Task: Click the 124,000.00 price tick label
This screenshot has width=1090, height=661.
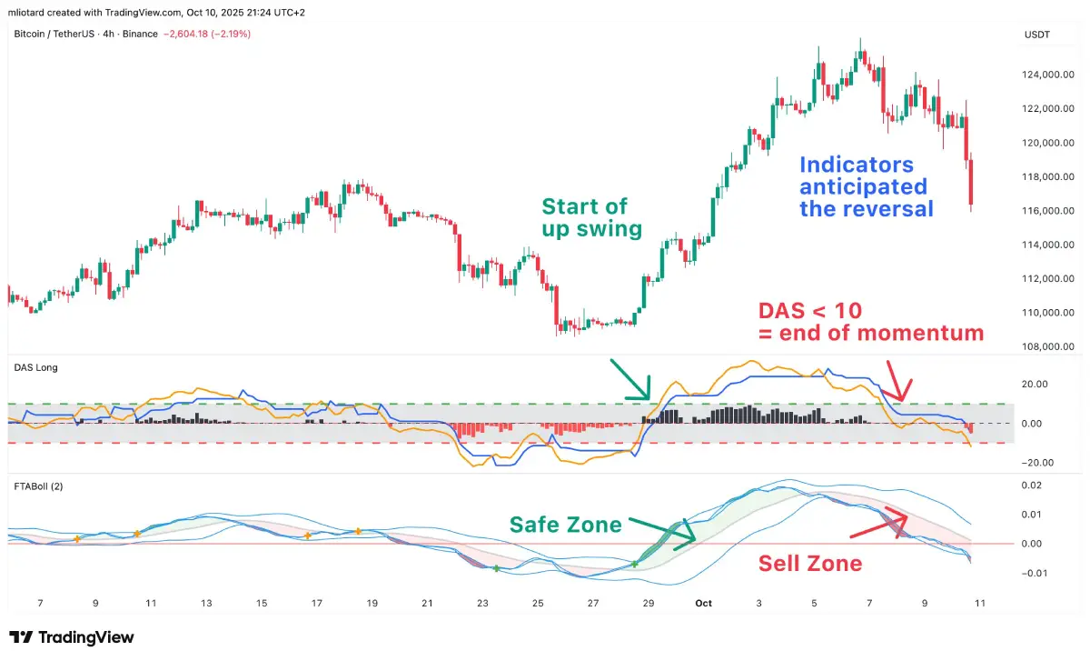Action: pos(1048,75)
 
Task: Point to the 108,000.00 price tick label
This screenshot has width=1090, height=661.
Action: pos(1048,346)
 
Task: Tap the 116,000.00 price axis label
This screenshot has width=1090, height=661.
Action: pos(1048,211)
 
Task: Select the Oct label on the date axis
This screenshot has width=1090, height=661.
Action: pos(702,602)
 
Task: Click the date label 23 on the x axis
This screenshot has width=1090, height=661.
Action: pos(482,602)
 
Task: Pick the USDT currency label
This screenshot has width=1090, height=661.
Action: pos(1036,35)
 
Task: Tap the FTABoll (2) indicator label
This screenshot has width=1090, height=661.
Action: pos(38,486)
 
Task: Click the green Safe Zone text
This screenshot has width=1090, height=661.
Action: pos(565,525)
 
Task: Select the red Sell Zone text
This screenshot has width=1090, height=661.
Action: pos(809,564)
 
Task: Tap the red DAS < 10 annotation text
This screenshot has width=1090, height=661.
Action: pos(870,321)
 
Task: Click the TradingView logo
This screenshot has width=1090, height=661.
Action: pos(72,637)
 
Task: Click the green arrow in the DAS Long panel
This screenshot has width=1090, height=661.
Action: pos(630,379)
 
